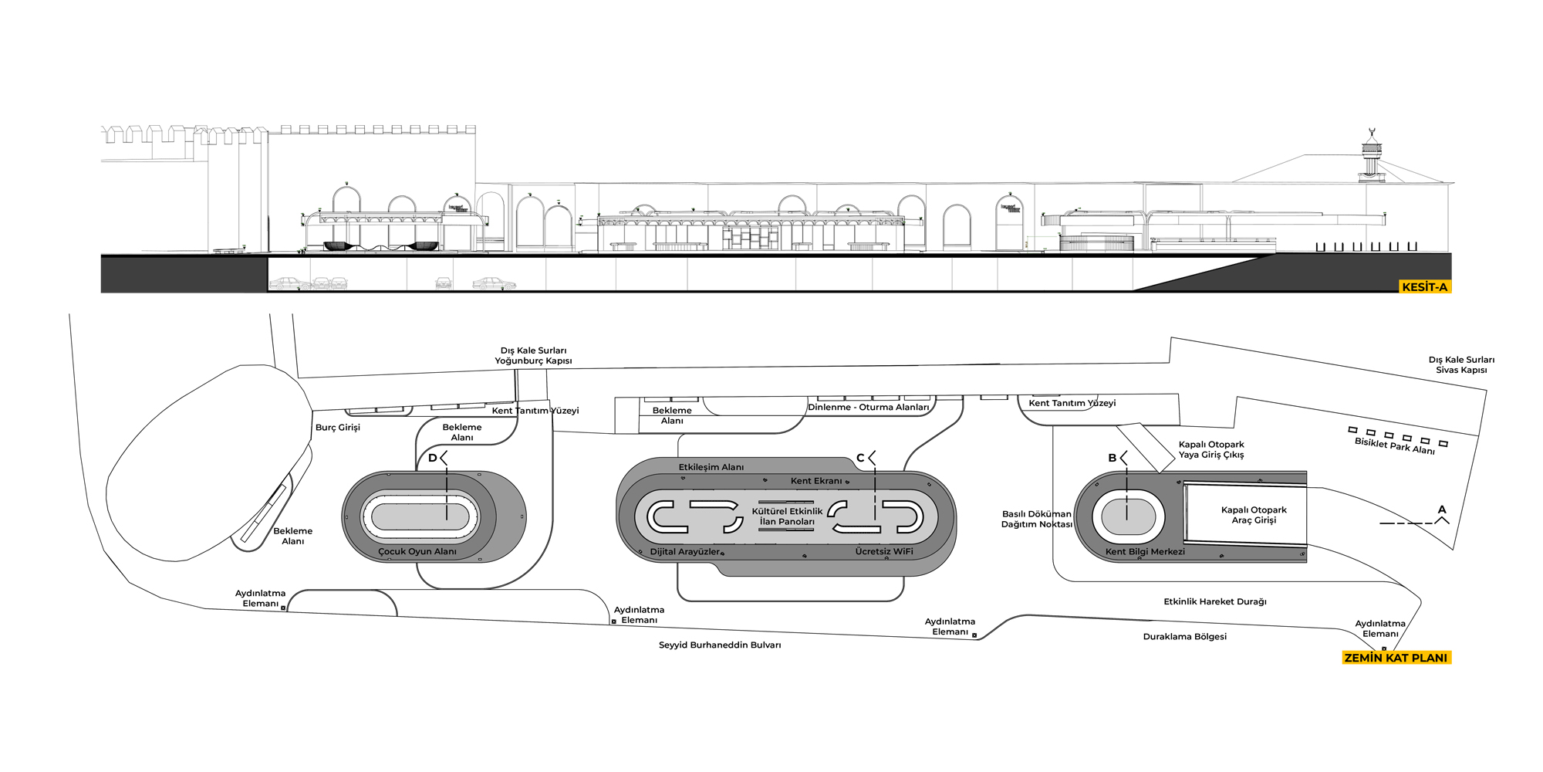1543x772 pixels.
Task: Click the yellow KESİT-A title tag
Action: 1424,287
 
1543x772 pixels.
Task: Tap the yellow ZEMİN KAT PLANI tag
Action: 1396,658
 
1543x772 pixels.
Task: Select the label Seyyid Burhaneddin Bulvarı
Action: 719,645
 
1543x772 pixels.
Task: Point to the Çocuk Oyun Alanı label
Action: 417,551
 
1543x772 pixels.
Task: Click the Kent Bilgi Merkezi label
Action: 1145,551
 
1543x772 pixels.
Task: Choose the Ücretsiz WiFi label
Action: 884,551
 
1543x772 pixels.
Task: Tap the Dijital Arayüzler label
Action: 685,551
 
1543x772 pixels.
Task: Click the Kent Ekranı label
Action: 816,480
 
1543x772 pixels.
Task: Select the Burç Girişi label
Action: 338,427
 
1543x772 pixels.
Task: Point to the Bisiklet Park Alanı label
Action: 1395,446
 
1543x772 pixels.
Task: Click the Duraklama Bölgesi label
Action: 1184,637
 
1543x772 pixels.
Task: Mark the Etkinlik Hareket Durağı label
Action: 1215,601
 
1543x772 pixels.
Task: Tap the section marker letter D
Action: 432,458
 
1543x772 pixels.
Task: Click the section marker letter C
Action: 860,458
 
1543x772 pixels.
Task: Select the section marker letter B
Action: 1112,458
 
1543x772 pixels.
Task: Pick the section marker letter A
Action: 1442,510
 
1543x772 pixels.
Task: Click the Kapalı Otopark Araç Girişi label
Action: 1254,515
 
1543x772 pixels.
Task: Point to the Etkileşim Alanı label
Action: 711,467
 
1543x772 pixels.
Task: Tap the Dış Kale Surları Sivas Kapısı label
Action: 1461,364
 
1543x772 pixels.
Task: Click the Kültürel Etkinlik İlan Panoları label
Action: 787,516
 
